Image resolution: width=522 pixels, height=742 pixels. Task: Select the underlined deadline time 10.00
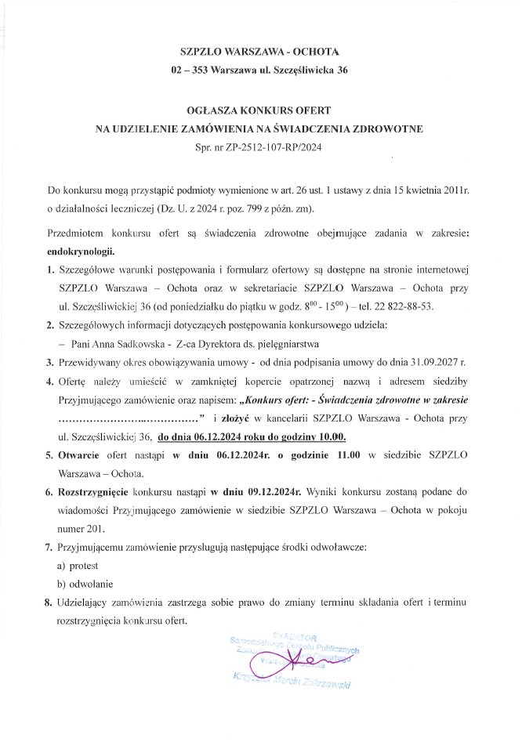(330, 436)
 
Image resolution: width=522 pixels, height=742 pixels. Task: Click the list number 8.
(49, 602)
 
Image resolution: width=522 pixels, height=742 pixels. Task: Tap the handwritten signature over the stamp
(290, 660)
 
